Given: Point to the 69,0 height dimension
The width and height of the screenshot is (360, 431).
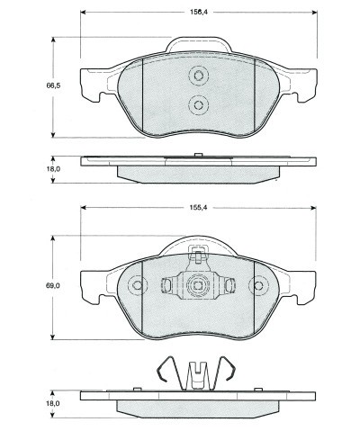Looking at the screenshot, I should point(52,286).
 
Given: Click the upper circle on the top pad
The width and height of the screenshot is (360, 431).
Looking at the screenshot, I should point(198,77).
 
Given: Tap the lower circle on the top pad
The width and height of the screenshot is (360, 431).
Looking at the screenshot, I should point(198,105).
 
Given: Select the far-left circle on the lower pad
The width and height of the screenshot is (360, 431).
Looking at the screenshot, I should point(138,287).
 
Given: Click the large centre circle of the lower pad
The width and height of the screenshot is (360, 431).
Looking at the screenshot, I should point(198,287).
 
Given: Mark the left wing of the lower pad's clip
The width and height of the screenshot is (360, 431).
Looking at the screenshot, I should point(167,287).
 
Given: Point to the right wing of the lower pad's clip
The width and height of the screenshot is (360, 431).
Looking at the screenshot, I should point(229,287).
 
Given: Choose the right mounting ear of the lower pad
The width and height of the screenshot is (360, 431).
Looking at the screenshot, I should point(305,286).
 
